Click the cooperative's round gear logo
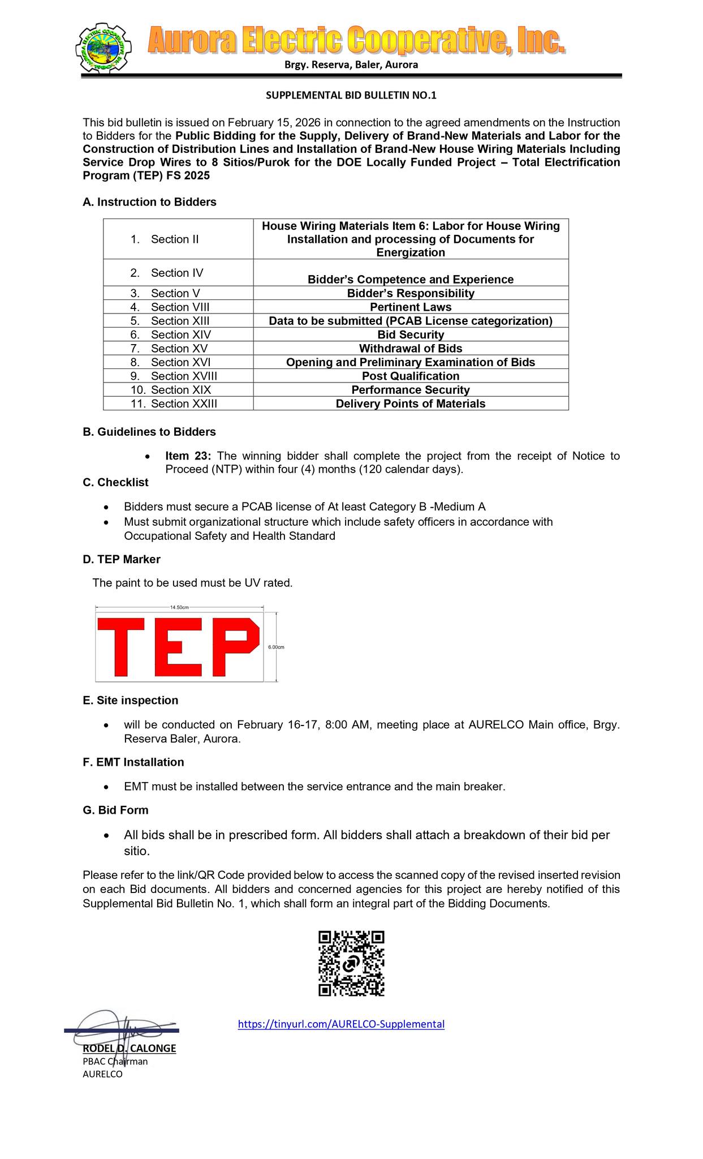tap(103, 50)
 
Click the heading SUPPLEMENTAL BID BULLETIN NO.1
tap(351, 96)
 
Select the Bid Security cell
tap(411, 334)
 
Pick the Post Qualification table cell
tap(411, 376)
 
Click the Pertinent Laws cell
tap(411, 307)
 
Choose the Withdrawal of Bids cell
tap(411, 349)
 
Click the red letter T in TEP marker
tap(121, 646)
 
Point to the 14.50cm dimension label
tap(179, 607)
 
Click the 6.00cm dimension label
tap(276, 647)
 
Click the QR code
tap(351, 963)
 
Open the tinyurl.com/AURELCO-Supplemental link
tap(341, 1024)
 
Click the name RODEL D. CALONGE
tap(130, 1048)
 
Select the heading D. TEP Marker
tap(122, 559)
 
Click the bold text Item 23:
tap(187, 456)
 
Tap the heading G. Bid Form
tap(115, 810)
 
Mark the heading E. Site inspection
tap(130, 700)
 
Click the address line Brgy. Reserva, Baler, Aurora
tap(351, 65)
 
